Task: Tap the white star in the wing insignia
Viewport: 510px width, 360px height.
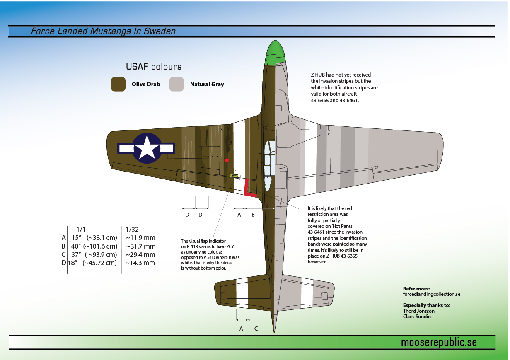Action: coord(147,147)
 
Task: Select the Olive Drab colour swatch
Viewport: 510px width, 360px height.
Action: coord(118,84)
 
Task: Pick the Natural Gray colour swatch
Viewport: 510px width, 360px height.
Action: coord(176,84)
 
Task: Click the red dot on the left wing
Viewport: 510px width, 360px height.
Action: coord(227,160)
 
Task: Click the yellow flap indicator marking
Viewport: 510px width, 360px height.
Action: coord(234,176)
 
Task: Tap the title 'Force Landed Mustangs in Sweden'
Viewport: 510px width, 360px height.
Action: coord(103,31)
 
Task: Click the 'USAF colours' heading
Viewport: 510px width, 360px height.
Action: coord(154,67)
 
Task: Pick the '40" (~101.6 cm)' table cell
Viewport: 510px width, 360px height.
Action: coord(94,246)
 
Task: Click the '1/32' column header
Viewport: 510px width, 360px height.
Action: coord(132,229)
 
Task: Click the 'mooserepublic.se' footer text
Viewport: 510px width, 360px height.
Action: coord(439,342)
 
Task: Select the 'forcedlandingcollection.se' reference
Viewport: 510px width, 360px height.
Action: coord(432,294)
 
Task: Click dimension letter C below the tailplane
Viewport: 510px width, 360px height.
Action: coord(256,329)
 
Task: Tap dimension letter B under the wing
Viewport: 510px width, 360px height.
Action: coord(253,215)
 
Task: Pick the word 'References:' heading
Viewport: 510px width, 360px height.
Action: coord(416,289)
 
